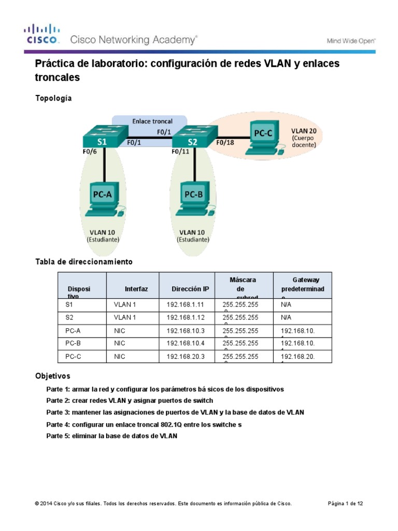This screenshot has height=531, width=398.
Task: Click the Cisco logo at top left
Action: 42,34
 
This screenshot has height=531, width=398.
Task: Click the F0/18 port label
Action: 225,142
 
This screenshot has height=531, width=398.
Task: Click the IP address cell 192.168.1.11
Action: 183,305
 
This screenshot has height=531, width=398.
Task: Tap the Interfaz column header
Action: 136,289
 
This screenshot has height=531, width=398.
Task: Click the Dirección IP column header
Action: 191,289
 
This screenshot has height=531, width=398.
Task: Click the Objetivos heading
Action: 52,375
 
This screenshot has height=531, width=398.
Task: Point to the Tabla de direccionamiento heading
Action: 83,262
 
